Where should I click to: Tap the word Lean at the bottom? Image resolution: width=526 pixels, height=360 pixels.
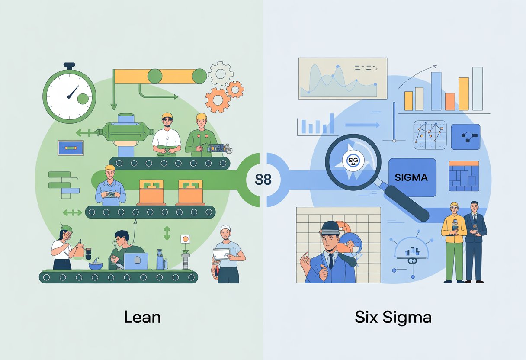(x=142, y=317)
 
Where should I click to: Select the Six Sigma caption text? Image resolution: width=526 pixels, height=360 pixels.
(x=393, y=317)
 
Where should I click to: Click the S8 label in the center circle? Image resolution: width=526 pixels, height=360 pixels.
(x=263, y=179)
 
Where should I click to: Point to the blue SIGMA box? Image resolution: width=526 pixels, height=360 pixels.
(x=411, y=177)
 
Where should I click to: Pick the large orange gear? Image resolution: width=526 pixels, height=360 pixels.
(x=218, y=100)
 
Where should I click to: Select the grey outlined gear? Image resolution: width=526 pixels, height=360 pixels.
(x=221, y=73)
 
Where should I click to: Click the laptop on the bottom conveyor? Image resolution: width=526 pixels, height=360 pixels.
(x=135, y=260)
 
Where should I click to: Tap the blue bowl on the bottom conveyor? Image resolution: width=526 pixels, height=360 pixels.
(x=96, y=265)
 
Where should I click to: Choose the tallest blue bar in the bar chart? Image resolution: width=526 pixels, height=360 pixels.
(x=436, y=91)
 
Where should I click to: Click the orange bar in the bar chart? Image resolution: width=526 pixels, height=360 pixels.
(x=450, y=102)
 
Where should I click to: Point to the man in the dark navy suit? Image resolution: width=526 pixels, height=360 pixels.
(x=475, y=240)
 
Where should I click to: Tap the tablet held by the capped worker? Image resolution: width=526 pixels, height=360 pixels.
(x=221, y=254)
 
